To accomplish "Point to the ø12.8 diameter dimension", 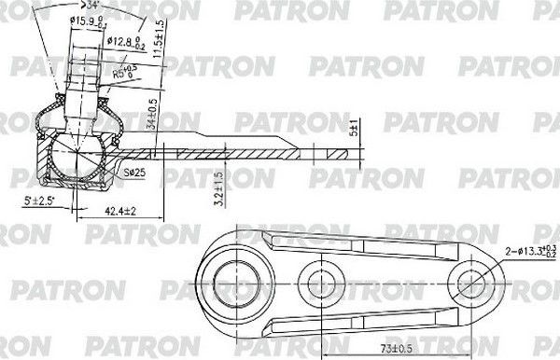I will pyautogui.click(x=127, y=42).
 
